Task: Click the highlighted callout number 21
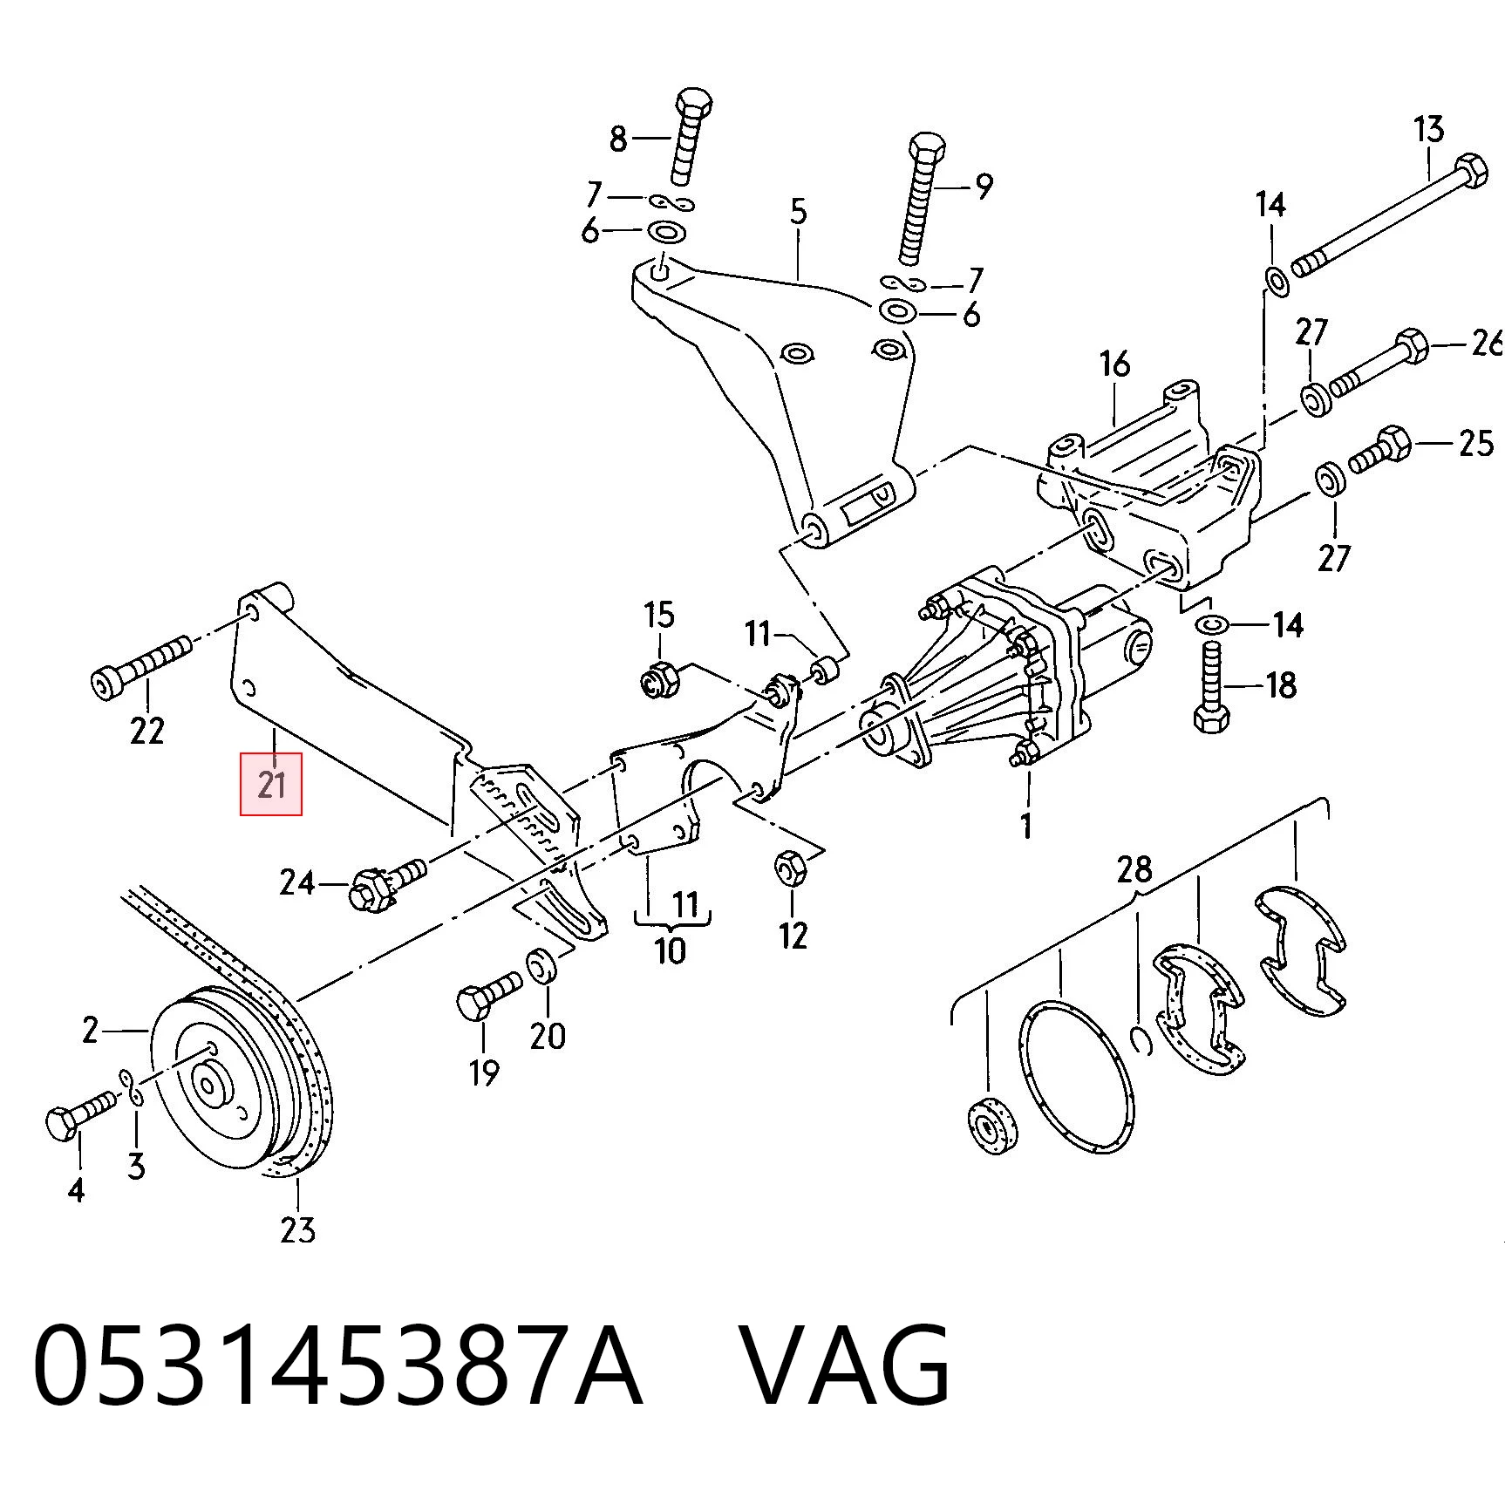[x=271, y=784]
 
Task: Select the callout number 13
[x=1428, y=130]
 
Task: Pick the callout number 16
[x=1114, y=364]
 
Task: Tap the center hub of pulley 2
[x=209, y=1086]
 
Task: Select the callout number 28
[x=1134, y=869]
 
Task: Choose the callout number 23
[x=297, y=1230]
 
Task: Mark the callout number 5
[x=799, y=212]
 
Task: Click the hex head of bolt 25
[x=1394, y=443]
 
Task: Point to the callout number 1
[x=1026, y=824]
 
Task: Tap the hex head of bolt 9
[x=927, y=150]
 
